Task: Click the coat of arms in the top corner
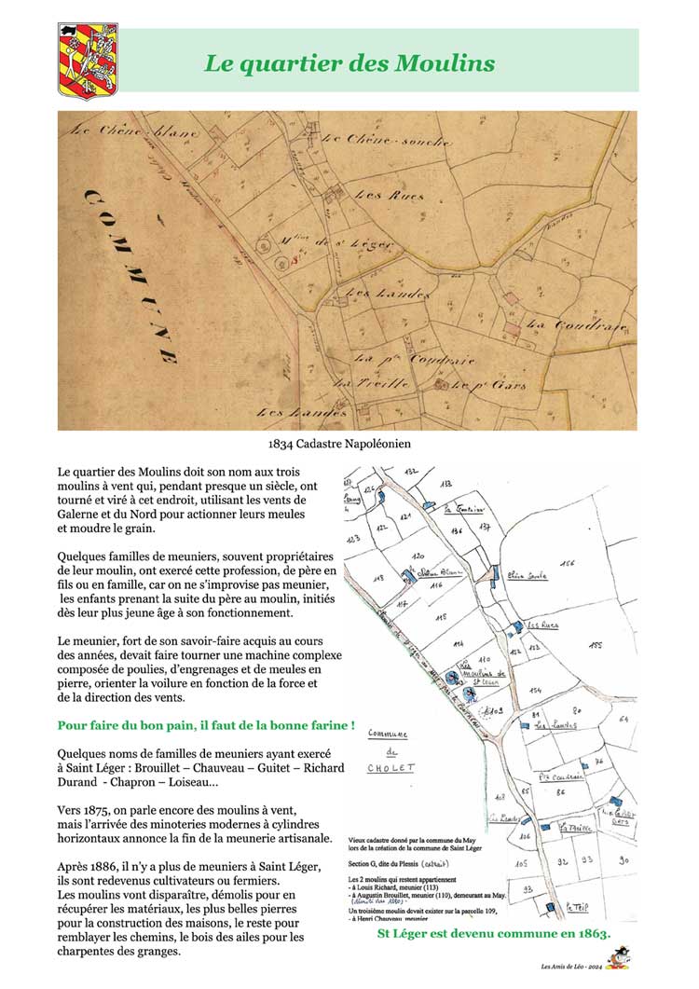[88, 61]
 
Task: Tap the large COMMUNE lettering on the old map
[130, 270]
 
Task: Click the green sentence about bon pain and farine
[206, 724]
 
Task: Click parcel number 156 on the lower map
[569, 564]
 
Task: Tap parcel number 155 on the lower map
[596, 644]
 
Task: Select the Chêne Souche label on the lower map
[527, 577]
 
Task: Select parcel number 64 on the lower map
[624, 719]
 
